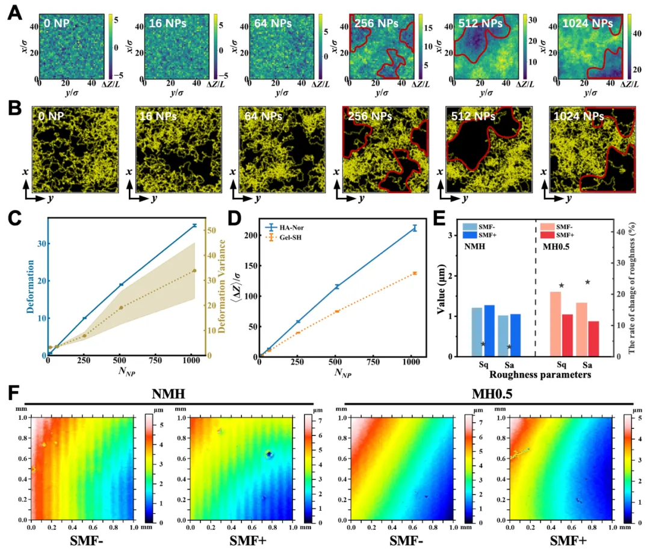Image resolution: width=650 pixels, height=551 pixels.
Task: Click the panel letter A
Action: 14,12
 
